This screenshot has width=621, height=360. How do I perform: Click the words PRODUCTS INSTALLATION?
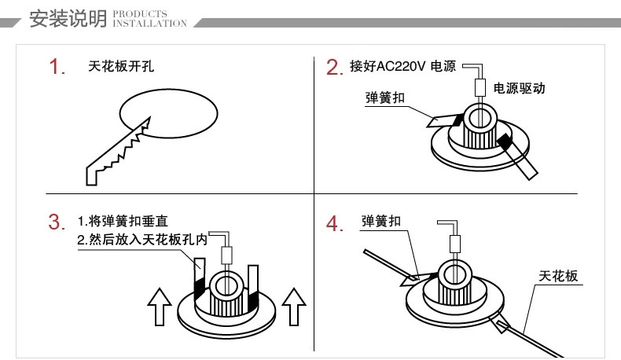click(x=150, y=19)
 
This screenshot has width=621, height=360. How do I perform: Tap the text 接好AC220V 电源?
click(x=402, y=66)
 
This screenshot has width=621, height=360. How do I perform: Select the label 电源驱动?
click(x=518, y=89)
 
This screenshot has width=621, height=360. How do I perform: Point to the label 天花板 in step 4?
click(x=558, y=276)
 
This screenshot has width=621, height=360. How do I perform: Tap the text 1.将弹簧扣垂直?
click(x=129, y=222)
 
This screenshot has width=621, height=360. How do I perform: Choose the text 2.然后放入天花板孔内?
click(x=141, y=240)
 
